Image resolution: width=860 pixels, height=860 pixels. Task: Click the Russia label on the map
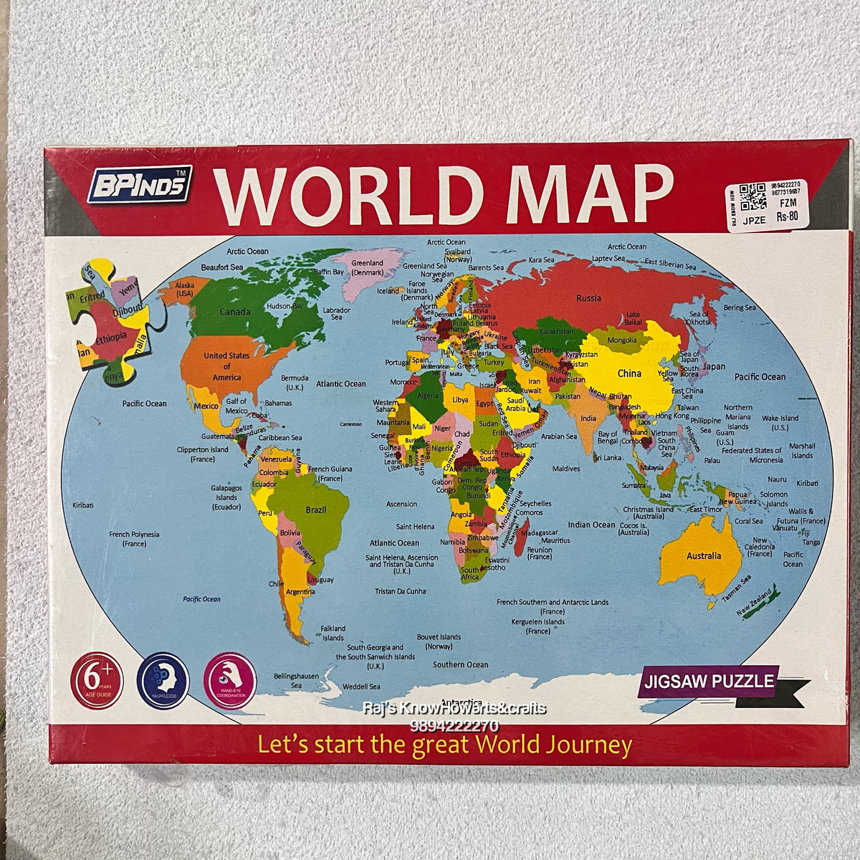pyautogui.click(x=588, y=297)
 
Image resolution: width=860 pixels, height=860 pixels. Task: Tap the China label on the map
pyautogui.click(x=629, y=373)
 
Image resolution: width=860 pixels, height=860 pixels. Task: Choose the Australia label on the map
pyautogui.click(x=703, y=555)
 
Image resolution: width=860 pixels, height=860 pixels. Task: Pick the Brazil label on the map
pyautogui.click(x=316, y=510)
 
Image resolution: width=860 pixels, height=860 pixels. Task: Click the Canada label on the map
pyautogui.click(x=234, y=312)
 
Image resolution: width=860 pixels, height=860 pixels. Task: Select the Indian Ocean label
pyautogui.click(x=591, y=525)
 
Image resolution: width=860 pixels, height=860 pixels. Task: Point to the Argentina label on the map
pyautogui.click(x=302, y=593)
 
